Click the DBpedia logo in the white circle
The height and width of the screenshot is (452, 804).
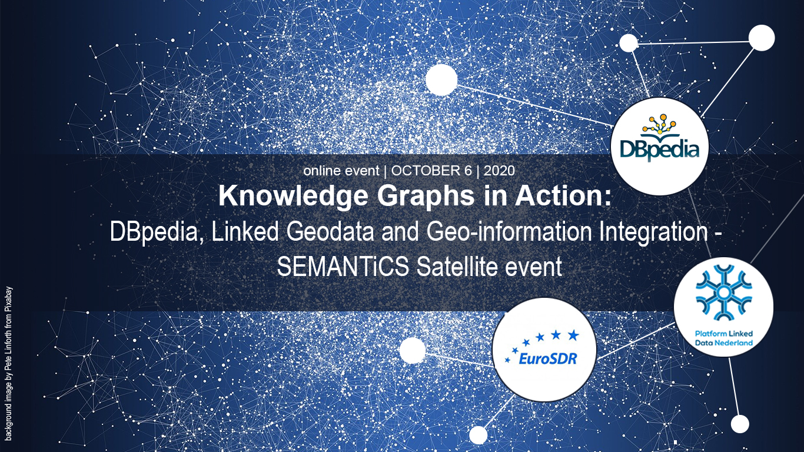click(660, 138)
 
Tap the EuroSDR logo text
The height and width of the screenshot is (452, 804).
click(548, 358)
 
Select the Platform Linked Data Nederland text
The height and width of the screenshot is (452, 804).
click(723, 338)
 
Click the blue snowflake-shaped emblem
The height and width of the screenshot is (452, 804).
click(723, 293)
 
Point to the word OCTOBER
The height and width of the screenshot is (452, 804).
click(431, 171)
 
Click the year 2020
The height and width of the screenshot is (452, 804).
click(499, 171)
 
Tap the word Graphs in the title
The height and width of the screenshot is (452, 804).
click(426, 197)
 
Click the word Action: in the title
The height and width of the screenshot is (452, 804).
click(563, 196)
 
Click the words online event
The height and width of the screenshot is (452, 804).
click(341, 171)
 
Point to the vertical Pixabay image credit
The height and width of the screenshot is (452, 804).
click(9, 364)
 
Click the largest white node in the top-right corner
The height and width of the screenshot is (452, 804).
click(762, 38)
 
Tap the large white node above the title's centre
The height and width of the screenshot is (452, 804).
click(441, 79)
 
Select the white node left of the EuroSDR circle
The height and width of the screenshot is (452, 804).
click(413, 350)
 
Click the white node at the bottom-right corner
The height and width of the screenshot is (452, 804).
click(740, 424)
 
